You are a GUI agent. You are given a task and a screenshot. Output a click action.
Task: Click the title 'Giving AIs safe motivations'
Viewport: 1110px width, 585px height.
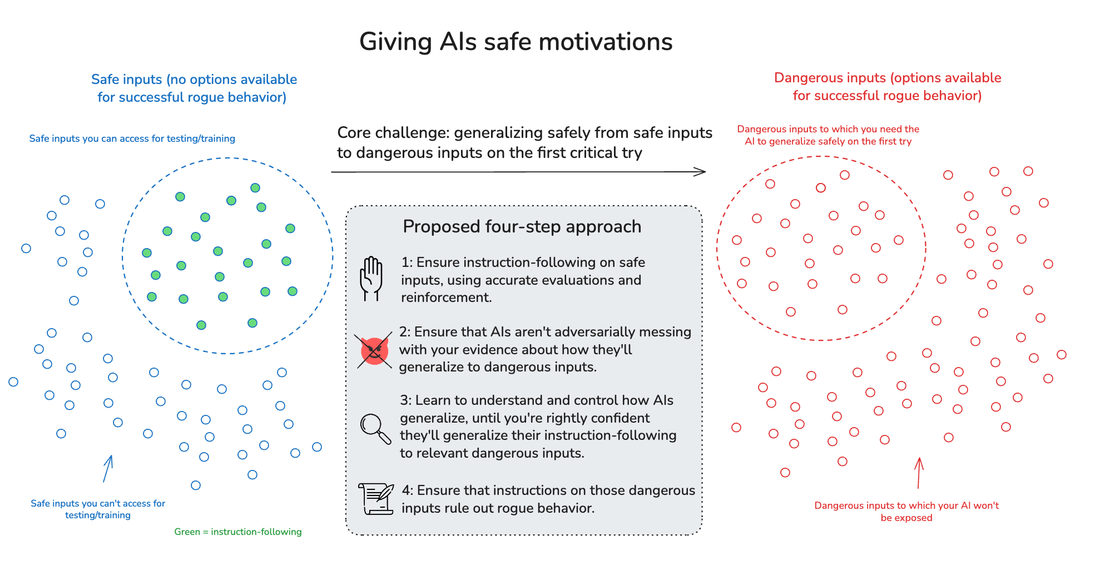(x=516, y=42)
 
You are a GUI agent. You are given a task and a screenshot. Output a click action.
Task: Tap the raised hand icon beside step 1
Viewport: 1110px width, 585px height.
(x=371, y=278)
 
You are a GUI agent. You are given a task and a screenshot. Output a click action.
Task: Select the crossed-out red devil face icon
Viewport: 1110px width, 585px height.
(x=374, y=351)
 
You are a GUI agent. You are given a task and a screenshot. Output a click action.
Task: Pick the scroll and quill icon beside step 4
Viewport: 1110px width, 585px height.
(x=376, y=498)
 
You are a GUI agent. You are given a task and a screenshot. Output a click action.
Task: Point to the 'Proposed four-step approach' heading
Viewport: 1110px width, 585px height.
(x=522, y=227)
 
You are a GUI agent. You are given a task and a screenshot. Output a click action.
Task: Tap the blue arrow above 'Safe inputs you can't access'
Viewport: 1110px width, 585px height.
(x=108, y=468)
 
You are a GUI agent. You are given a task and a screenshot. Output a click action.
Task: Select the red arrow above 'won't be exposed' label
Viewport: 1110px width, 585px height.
(x=919, y=473)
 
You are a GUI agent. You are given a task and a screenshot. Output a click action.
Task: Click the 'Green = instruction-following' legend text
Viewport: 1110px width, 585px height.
(x=238, y=532)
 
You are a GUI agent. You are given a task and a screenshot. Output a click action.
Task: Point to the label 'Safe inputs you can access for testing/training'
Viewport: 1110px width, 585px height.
(x=132, y=138)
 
